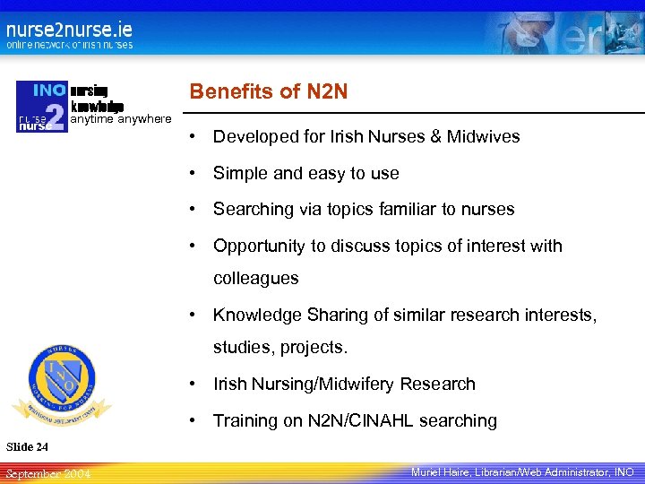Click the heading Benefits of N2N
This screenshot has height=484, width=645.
268,91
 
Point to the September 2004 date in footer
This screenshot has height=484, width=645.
47,472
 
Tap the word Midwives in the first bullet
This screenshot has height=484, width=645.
484,137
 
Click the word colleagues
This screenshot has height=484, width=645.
255,279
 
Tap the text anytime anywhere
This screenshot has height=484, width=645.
120,119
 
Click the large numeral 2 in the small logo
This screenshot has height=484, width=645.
56,117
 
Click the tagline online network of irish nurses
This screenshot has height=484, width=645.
70,45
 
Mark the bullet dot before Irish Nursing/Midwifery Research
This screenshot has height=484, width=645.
193,385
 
